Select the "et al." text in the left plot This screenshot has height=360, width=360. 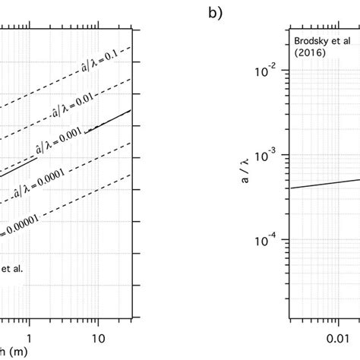[x=12, y=267]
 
